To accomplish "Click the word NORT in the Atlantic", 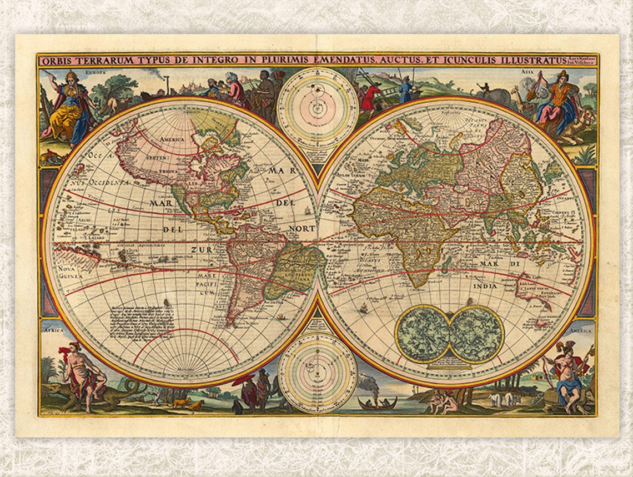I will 301,228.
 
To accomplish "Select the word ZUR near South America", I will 202,250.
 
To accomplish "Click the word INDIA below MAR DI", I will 485,286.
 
